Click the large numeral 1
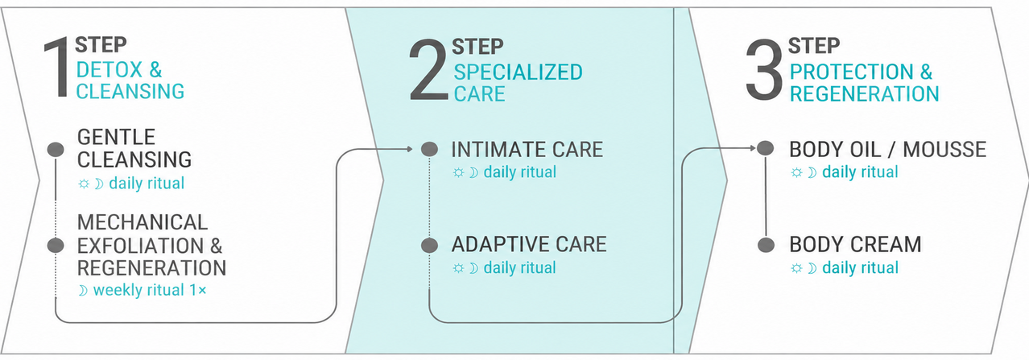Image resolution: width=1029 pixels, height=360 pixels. pos(57,68)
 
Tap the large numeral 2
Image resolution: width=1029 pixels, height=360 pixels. pos(428,69)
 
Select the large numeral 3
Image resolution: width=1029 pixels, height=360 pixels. pos(764,69)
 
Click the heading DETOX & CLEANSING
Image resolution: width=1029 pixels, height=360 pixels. pos(130,81)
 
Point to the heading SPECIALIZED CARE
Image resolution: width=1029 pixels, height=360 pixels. pos(519,83)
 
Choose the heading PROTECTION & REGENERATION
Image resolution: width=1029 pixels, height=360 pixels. pos(864,83)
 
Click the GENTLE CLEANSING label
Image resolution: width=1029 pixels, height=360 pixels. pos(134,148)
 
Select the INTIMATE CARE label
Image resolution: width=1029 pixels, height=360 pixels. pos(527,150)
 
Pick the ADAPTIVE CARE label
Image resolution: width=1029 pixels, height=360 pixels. pos(529,244)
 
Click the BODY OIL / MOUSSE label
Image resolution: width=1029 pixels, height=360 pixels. pos(887,149)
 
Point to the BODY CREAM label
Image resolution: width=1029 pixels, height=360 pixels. pos(855,244)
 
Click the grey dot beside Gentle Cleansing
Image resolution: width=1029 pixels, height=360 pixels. pos(56,150)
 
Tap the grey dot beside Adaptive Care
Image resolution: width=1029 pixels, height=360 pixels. pos(429,245)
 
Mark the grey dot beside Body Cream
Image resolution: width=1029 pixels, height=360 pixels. pos(766,245)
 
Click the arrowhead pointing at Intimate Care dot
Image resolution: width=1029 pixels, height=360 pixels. pos(408,148)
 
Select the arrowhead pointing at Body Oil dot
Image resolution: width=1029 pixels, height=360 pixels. pos(753,147)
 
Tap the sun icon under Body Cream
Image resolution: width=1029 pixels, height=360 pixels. pos(796,268)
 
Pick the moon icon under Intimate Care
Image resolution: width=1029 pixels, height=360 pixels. pos(473,172)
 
